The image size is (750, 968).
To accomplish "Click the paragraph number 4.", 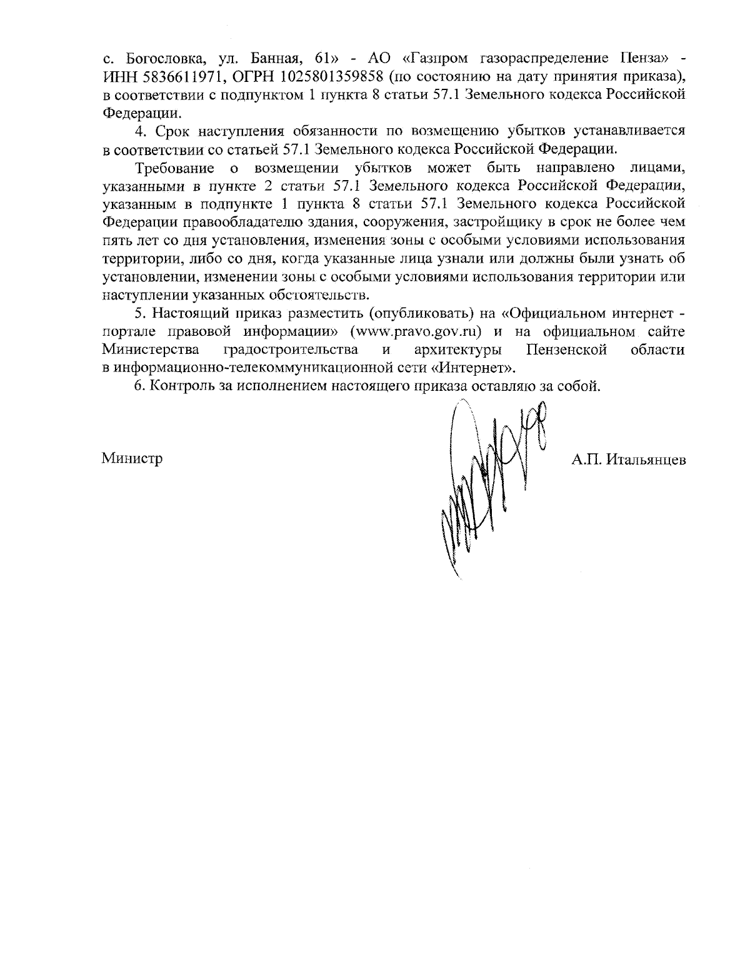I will [139, 131].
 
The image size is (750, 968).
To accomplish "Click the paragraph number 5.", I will [139, 313].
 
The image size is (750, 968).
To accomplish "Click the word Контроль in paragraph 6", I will [181, 386].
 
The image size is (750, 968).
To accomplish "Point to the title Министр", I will [132, 458].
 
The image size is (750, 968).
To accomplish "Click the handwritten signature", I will [487, 481].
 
